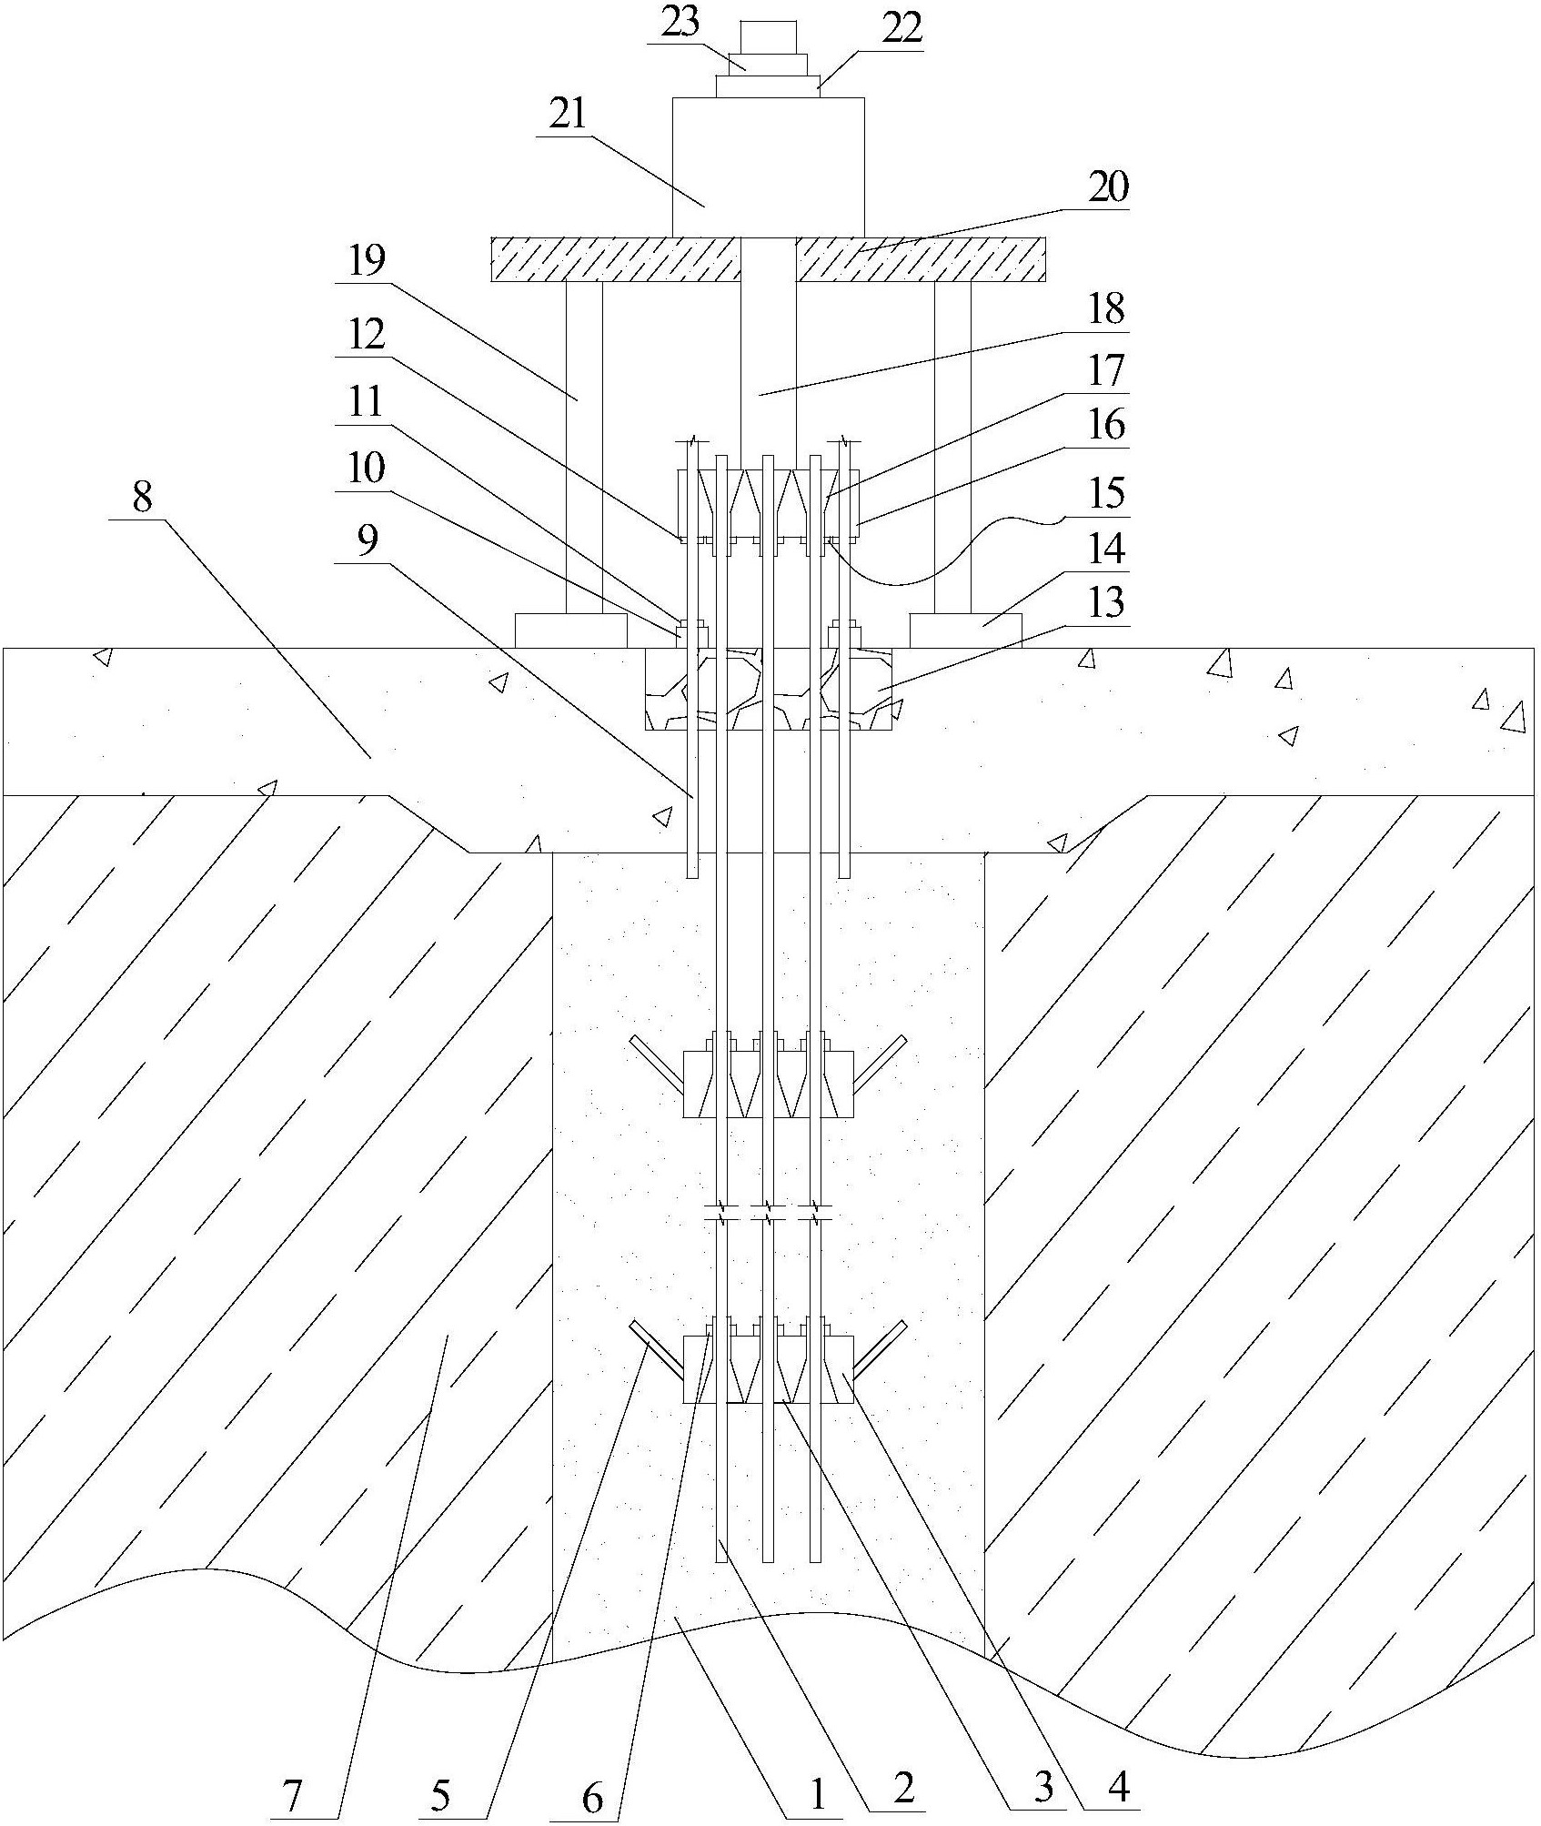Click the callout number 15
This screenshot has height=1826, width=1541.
click(1106, 496)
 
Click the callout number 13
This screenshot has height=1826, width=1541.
click(1106, 603)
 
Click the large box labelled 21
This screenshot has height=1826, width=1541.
click(768, 167)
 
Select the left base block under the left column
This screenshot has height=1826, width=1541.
click(570, 630)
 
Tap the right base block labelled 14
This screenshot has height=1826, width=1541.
click(964, 630)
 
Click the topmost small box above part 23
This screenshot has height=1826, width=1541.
click(769, 36)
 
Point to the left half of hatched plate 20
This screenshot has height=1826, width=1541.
click(615, 259)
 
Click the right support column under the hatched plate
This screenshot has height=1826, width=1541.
click(952, 446)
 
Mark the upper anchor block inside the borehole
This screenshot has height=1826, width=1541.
click(769, 1084)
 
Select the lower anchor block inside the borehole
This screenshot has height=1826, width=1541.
click(769, 1369)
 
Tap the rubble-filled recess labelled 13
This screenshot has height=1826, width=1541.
click(769, 689)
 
